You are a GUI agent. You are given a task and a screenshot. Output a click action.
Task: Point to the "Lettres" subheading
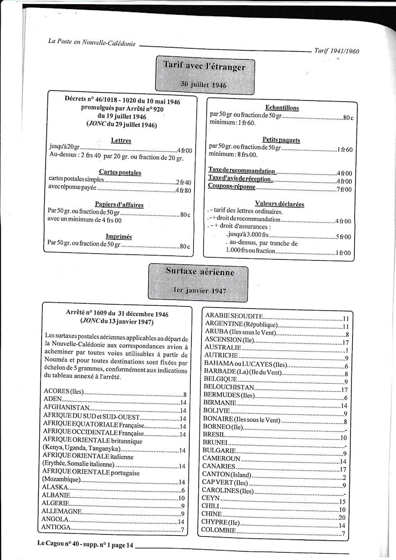121,141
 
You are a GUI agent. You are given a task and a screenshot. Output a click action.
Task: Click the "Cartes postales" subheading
120,172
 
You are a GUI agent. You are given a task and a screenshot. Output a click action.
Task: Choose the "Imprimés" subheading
119,236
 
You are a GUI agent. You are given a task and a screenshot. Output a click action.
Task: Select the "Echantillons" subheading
282,108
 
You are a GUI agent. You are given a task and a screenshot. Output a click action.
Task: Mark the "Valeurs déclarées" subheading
279,204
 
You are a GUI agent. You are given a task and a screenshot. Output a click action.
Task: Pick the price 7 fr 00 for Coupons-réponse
344,188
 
